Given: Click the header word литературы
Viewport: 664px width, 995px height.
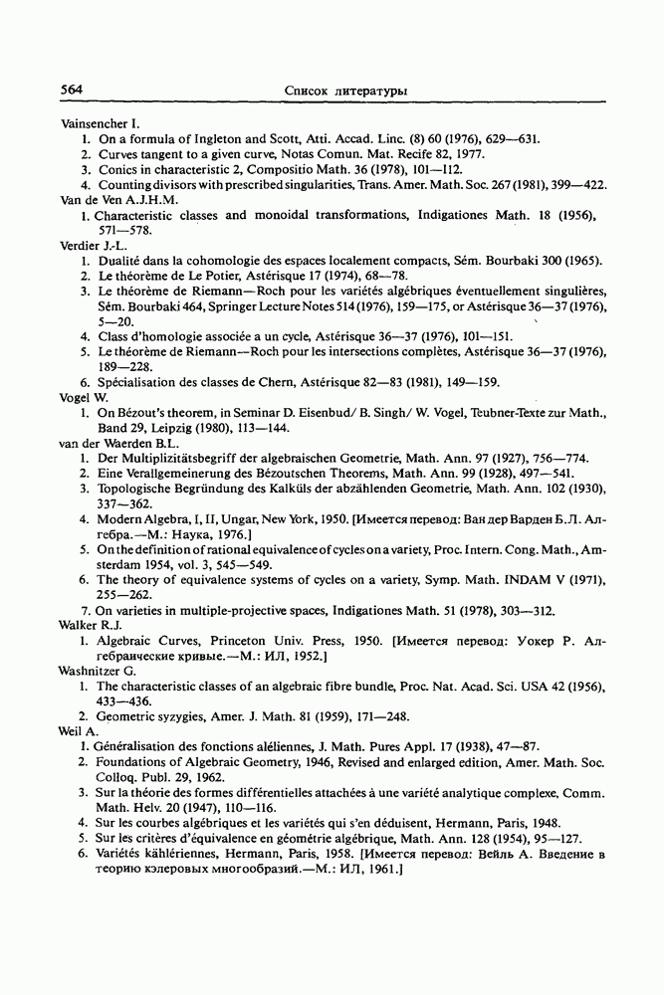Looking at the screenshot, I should click(369, 91).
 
